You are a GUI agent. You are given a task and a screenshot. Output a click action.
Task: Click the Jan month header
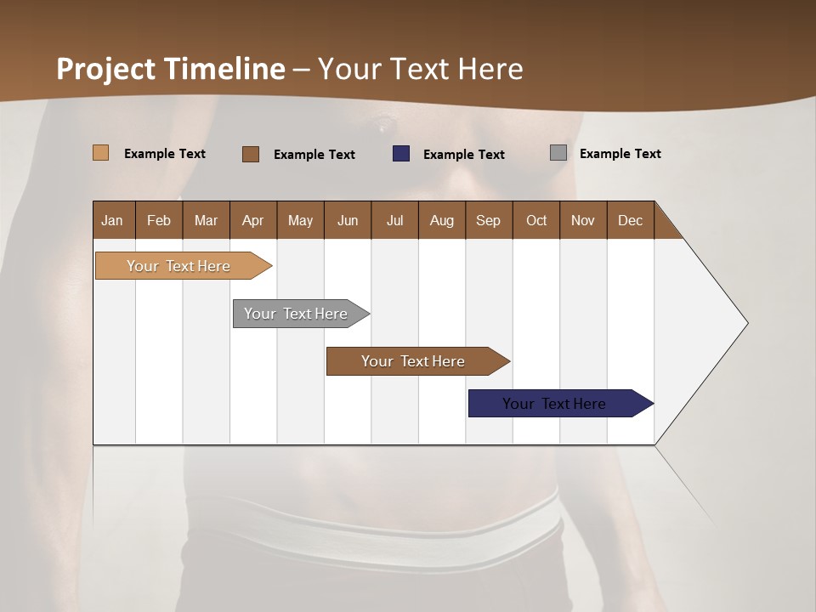(112, 220)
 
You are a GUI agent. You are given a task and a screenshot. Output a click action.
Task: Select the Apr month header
(252, 220)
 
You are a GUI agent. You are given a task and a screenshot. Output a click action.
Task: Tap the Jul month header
(394, 220)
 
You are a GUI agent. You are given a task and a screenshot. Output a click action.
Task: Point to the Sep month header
(488, 220)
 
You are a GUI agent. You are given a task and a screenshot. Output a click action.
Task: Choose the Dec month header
(630, 220)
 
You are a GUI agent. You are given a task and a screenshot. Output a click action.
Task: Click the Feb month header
(159, 220)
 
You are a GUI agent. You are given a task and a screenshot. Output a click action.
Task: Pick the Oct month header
(536, 220)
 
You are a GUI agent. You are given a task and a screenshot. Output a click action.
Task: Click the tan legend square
(100, 153)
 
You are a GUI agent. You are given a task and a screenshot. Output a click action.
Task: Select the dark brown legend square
(250, 154)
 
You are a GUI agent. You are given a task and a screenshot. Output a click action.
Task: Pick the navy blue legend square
(401, 154)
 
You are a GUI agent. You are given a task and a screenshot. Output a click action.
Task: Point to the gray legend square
(558, 153)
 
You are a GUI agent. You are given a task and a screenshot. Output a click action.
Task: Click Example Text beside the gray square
(620, 154)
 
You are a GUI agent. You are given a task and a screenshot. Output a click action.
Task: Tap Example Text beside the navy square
(463, 155)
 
